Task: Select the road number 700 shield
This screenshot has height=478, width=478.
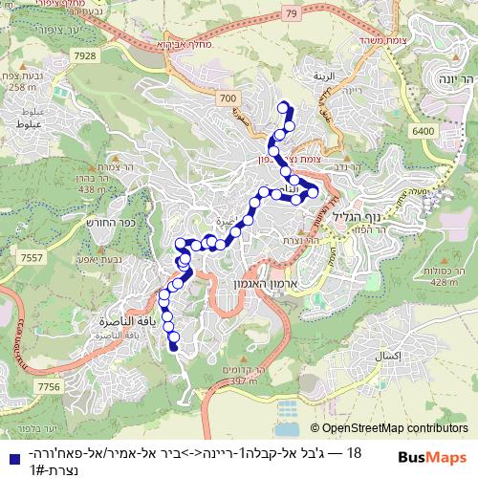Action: [228, 98]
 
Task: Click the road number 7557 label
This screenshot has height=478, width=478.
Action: [30, 257]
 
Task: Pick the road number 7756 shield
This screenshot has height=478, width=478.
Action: [48, 386]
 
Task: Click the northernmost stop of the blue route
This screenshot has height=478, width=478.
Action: [282, 107]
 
